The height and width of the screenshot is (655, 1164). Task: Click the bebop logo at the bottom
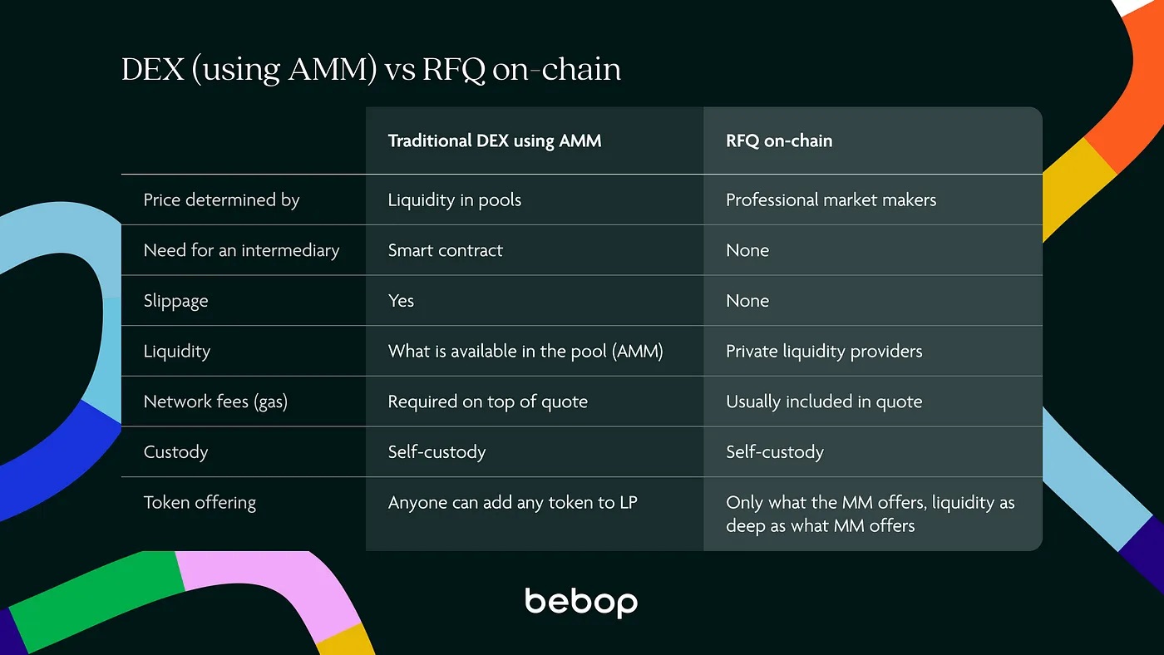tap(581, 603)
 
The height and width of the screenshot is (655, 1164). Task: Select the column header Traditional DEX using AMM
tap(494, 140)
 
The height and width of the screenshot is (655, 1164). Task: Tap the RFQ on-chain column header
tap(779, 140)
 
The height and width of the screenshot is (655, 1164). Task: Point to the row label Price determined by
tap(221, 199)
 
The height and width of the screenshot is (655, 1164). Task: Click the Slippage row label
tap(175, 301)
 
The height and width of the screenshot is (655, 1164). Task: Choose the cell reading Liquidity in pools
tap(454, 199)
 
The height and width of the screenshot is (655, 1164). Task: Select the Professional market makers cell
tap(831, 199)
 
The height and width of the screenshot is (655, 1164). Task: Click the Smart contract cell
tap(445, 250)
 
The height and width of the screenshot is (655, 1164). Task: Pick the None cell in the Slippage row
tap(747, 301)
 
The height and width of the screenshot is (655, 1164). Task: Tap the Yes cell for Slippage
tap(401, 301)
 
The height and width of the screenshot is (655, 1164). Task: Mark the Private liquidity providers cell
tap(824, 351)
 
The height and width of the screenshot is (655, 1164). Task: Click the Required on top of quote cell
tap(487, 401)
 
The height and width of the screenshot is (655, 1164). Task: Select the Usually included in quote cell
tap(824, 401)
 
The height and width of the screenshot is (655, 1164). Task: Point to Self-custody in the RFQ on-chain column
tap(774, 452)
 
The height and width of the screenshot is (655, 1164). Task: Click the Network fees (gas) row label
tap(215, 401)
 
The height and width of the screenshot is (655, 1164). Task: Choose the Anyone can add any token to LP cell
tap(512, 502)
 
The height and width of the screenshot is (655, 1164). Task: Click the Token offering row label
tap(200, 502)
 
